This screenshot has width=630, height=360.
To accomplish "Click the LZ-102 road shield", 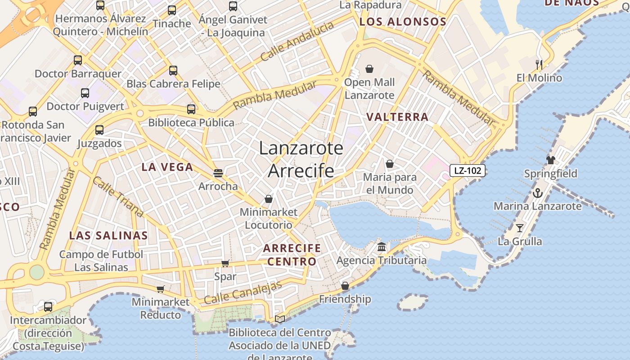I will click(x=468, y=171).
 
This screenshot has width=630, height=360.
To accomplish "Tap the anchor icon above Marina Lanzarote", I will click(x=537, y=193).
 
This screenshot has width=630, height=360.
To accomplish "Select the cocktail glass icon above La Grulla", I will click(x=520, y=228).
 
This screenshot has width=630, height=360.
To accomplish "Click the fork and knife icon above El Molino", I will click(x=539, y=64).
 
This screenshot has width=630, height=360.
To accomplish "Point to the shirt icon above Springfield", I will click(x=550, y=160).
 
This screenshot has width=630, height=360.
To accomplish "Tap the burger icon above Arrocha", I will click(x=218, y=173).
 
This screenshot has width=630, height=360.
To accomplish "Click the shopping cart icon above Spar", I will click(x=225, y=263).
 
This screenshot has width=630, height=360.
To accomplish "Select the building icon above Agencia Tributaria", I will click(x=382, y=247).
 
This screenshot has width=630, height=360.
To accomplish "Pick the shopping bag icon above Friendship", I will click(x=345, y=286).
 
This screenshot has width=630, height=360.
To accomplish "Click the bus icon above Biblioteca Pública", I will click(x=191, y=109).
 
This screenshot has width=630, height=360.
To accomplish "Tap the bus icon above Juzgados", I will click(x=99, y=130).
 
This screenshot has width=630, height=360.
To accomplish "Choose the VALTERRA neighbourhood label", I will click(x=397, y=117).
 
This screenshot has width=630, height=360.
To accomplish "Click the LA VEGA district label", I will click(x=167, y=167).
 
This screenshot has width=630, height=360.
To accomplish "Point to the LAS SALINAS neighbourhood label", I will click(x=108, y=235).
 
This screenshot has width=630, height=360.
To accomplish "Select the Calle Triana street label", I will click(x=118, y=197).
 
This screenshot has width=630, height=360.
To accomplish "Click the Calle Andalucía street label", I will click(x=297, y=41).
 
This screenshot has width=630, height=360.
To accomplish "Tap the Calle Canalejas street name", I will click(x=243, y=292).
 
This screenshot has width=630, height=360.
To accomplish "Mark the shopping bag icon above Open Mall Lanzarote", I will click(x=369, y=69).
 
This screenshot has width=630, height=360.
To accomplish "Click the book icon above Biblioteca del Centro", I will click(x=280, y=319).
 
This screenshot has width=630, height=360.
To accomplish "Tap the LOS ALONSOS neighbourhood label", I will click(x=403, y=22).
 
